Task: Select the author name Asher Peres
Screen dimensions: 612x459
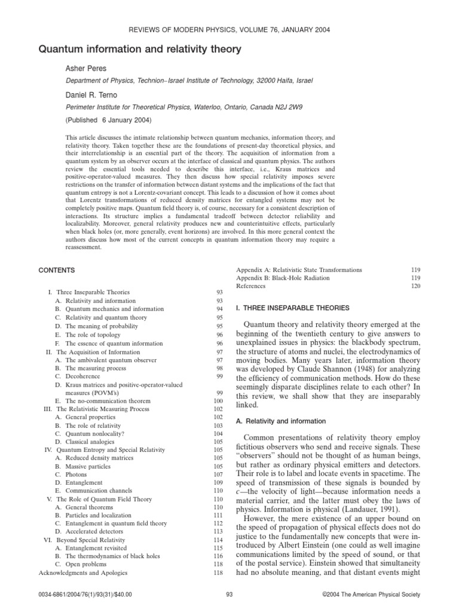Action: pyautogui.click(x=85, y=69)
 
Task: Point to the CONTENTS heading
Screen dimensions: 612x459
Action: pyautogui.click(x=57, y=271)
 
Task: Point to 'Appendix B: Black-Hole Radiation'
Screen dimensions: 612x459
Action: pyautogui.click(x=283, y=278)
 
